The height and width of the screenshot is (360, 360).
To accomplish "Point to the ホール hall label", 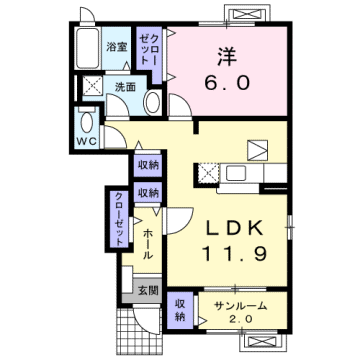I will coord(148,243).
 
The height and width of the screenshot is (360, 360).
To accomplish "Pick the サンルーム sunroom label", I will coord(239,303).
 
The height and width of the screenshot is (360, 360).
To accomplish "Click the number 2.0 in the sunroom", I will coord(239,320).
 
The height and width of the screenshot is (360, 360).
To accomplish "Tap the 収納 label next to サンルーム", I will coord(181,310).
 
